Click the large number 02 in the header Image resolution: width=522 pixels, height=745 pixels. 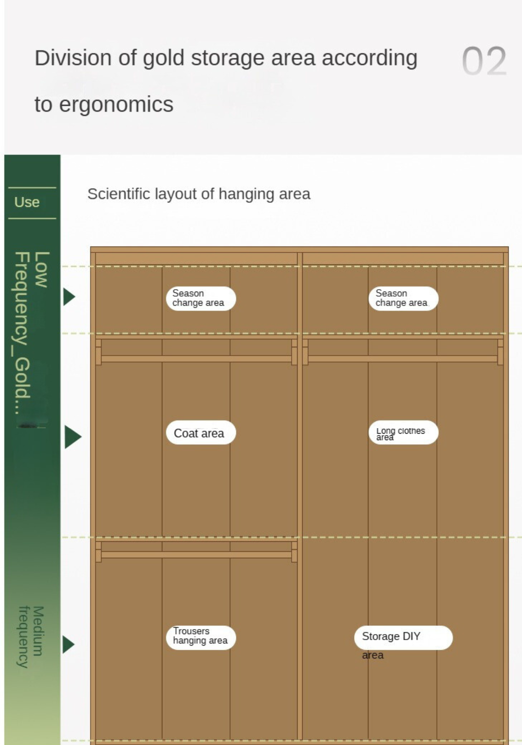(x=484, y=61)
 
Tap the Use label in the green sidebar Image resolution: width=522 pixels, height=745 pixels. (x=27, y=202)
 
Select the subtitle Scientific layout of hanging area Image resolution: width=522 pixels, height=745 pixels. (x=199, y=194)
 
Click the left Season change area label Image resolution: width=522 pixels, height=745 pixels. (x=201, y=298)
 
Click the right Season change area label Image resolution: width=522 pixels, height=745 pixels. (x=403, y=298)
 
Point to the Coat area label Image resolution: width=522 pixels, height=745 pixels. (x=201, y=433)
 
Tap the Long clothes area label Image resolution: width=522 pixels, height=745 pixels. (x=403, y=433)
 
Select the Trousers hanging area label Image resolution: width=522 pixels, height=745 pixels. (x=201, y=638)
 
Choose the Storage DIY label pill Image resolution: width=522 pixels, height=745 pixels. (x=403, y=638)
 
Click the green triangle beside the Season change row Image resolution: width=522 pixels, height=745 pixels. (x=69, y=297)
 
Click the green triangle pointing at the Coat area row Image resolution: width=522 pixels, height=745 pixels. (x=73, y=437)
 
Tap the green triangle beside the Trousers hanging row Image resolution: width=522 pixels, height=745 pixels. (x=69, y=644)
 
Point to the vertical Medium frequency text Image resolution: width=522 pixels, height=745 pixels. (x=31, y=637)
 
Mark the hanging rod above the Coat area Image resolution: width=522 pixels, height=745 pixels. (x=196, y=358)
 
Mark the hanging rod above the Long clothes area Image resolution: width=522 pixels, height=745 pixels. (x=403, y=358)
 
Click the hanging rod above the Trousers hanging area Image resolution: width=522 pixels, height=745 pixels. (x=196, y=555)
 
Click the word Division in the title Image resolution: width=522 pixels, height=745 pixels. (x=74, y=58)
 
